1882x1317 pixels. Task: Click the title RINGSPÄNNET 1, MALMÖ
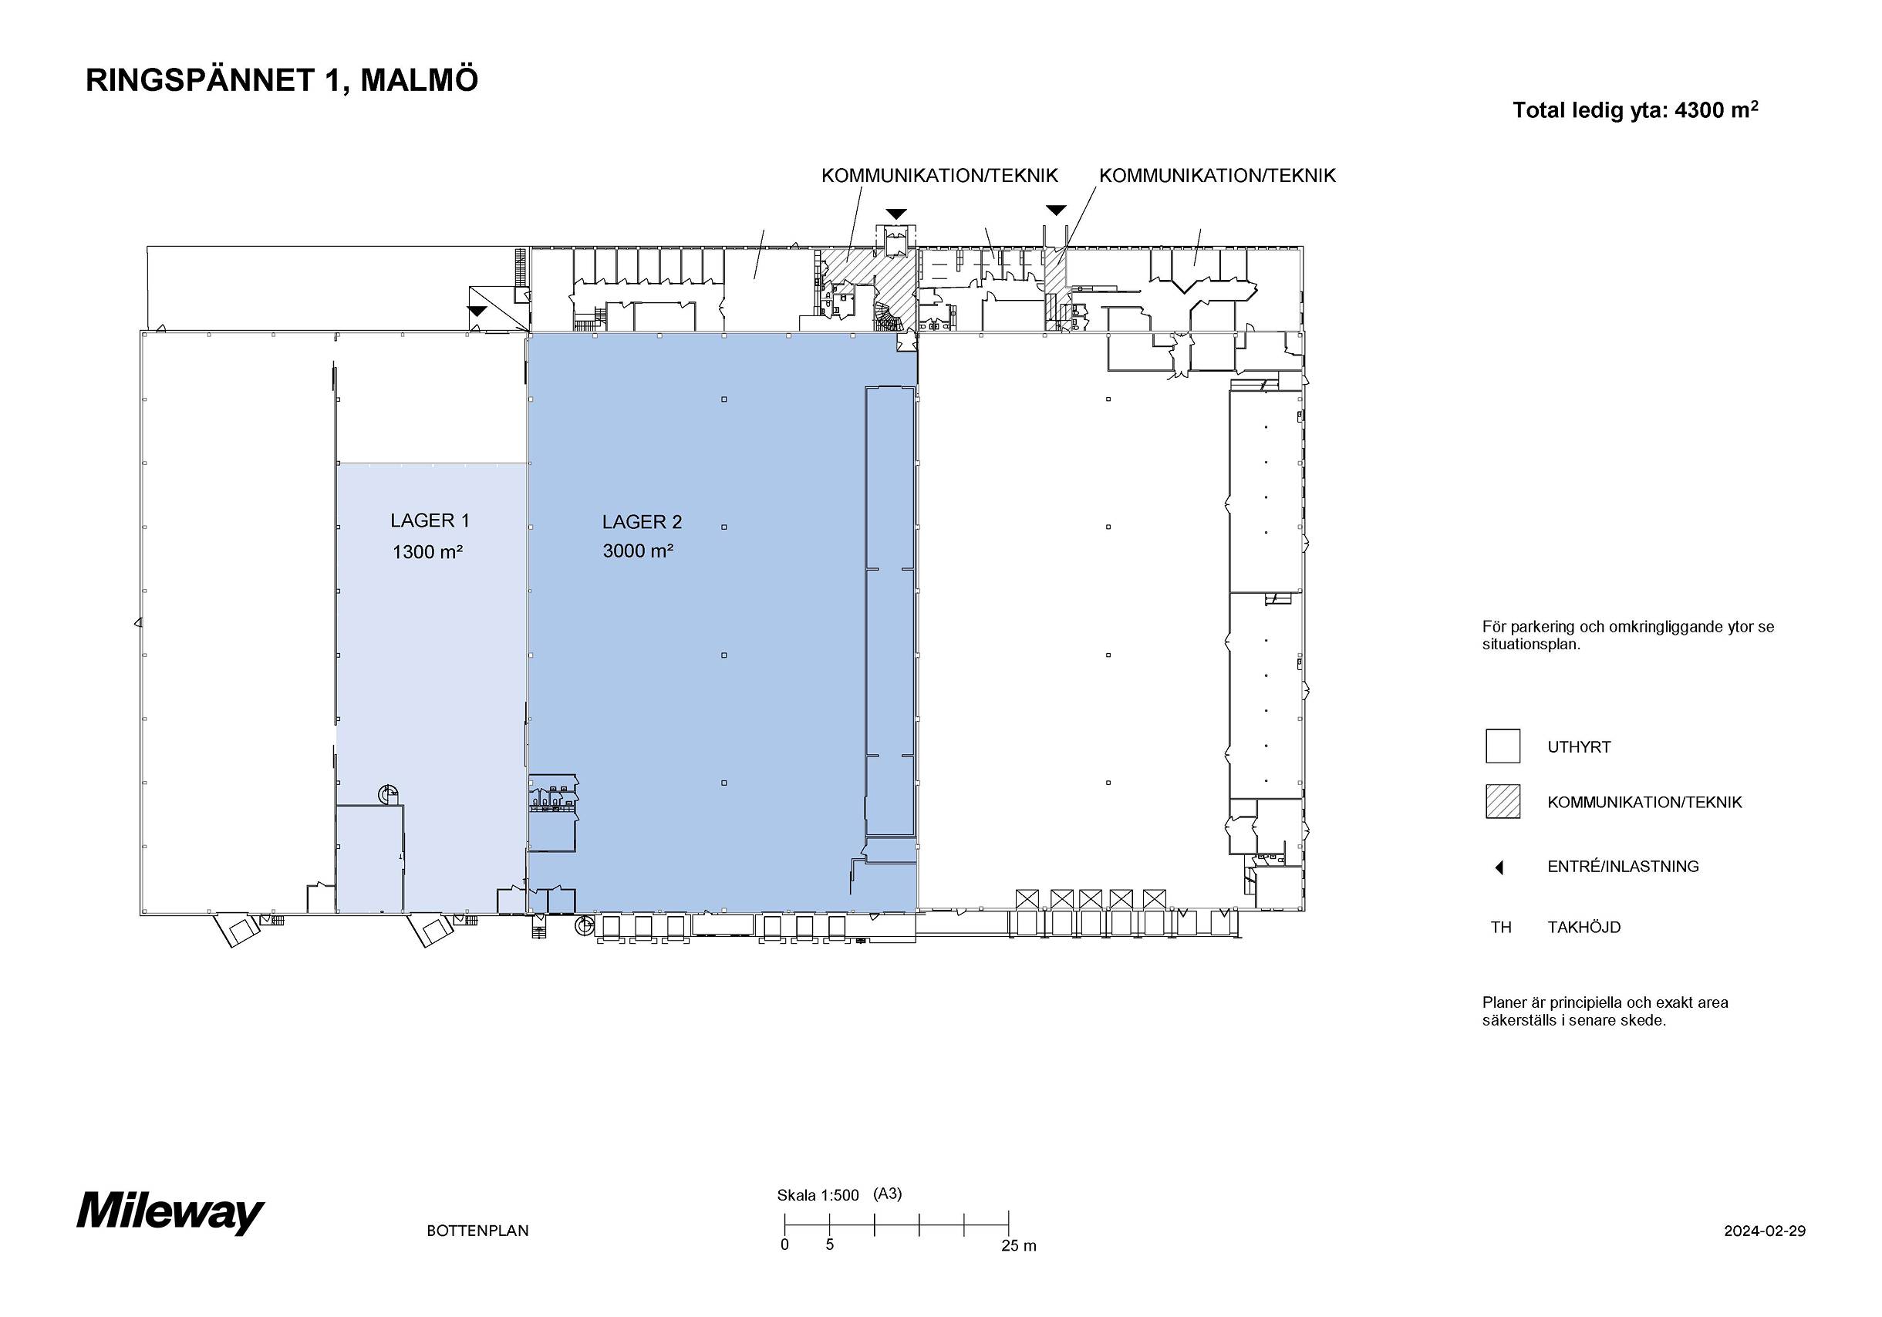click(282, 80)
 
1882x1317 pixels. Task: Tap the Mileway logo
click(170, 1213)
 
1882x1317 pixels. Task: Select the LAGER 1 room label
click(430, 520)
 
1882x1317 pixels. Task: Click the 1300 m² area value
click(427, 552)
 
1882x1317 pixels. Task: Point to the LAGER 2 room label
click(642, 522)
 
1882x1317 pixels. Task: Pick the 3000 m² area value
click(638, 551)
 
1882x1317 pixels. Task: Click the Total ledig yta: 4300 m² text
click(1635, 109)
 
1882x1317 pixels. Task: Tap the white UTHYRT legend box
click(1503, 746)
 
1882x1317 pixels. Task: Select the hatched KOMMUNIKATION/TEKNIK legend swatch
click(1503, 801)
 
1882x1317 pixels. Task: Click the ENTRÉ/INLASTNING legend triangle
click(1500, 867)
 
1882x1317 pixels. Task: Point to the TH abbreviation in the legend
click(1501, 928)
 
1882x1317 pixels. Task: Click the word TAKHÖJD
click(1584, 928)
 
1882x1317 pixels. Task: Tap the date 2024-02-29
click(1764, 1231)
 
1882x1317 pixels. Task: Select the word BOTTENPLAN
click(478, 1231)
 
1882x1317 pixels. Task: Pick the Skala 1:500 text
click(818, 1196)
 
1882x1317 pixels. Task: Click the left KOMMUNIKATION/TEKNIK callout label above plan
click(939, 175)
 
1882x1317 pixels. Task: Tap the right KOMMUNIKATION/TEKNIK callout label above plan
click(1217, 175)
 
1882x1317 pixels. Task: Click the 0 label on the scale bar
click(784, 1245)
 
